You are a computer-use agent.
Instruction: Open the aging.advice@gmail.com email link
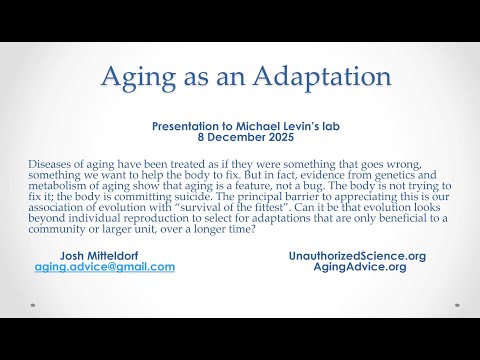pos(104,268)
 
